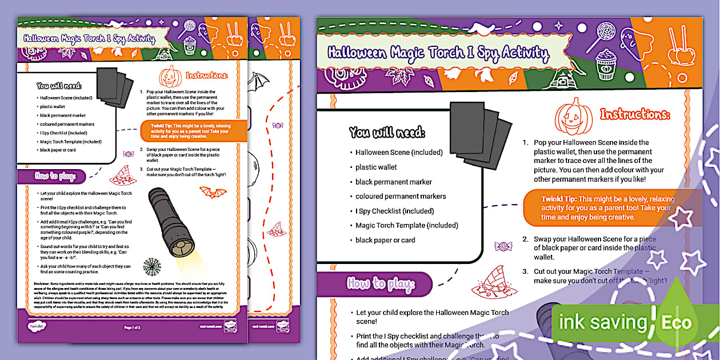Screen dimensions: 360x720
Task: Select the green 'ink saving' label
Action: (603, 322)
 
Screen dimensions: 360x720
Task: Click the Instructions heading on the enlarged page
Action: (634, 114)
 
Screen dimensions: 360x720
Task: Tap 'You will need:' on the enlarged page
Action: (387, 133)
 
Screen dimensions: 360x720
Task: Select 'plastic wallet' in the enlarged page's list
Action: (376, 167)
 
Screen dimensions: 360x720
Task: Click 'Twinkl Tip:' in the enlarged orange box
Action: (560, 199)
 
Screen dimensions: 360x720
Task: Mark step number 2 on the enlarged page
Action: (525, 239)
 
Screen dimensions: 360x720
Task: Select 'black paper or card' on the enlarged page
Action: (385, 240)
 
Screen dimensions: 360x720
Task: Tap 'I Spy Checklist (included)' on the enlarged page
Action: (394, 211)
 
